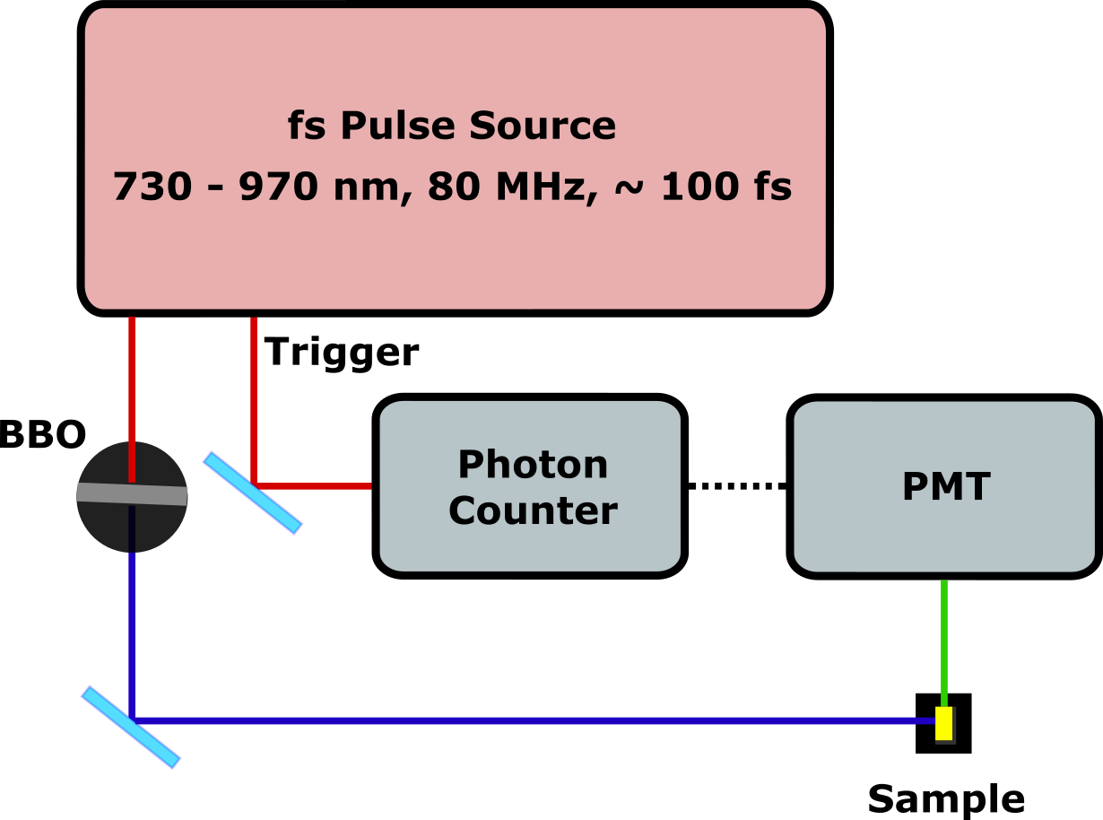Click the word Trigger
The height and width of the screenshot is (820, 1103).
pos(342,353)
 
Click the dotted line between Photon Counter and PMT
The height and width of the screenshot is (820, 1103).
pos(737,486)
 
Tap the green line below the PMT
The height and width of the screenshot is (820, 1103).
pos(943,637)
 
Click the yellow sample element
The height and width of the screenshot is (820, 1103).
pos(943,723)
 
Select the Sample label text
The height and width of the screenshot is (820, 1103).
pos(945,798)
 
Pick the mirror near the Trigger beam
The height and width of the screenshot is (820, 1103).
pos(252,493)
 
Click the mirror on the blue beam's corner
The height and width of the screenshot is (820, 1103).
pos(131,727)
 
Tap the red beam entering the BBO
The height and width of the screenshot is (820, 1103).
pos(132,377)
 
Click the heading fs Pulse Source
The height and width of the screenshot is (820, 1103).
pos(452,126)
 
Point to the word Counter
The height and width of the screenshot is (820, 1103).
pos(533,510)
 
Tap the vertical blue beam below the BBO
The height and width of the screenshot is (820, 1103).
pos(132,628)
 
